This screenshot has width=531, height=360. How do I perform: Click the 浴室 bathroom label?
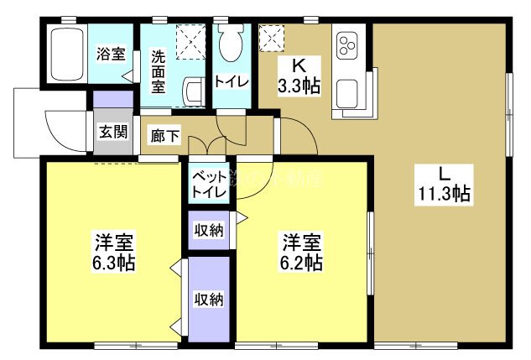click(x=112, y=55)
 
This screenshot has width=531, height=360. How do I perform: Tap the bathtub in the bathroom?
click(x=69, y=54)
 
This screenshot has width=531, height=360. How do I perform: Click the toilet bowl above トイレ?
click(x=230, y=42)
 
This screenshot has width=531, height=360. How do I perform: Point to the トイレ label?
click(x=230, y=81)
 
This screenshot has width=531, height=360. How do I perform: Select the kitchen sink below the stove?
click(x=346, y=91)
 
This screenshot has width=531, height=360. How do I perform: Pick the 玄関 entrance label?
click(x=112, y=132)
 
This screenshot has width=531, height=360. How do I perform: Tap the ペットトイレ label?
click(x=208, y=184)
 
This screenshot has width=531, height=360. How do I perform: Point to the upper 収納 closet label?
click(x=209, y=229)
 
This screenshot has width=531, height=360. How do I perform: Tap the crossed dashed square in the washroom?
click(x=190, y=39)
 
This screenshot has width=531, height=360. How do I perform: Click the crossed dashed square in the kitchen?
click(x=272, y=37)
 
